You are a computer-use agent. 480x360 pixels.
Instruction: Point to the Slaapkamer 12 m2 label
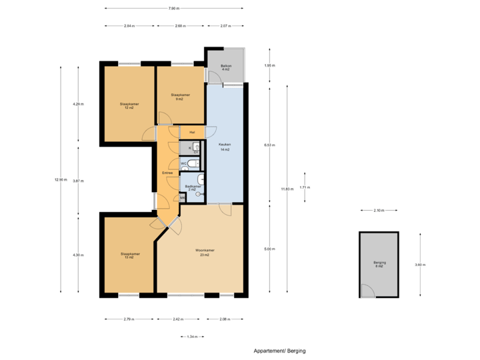coord(129,105)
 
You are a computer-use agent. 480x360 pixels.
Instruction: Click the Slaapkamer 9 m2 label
coord(180,97)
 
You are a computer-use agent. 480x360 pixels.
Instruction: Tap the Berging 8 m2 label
coord(379,265)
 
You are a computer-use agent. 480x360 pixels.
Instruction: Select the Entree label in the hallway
coord(167,173)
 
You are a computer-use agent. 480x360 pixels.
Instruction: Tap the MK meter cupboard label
coord(183,198)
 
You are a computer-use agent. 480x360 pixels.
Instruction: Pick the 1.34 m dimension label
coord(192,337)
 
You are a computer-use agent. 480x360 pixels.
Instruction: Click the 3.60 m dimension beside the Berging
coord(419,265)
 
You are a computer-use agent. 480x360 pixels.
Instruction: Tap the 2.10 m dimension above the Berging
coord(379,211)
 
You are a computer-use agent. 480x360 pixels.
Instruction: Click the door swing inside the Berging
coord(367,291)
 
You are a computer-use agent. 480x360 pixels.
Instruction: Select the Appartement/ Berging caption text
coord(279,351)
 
